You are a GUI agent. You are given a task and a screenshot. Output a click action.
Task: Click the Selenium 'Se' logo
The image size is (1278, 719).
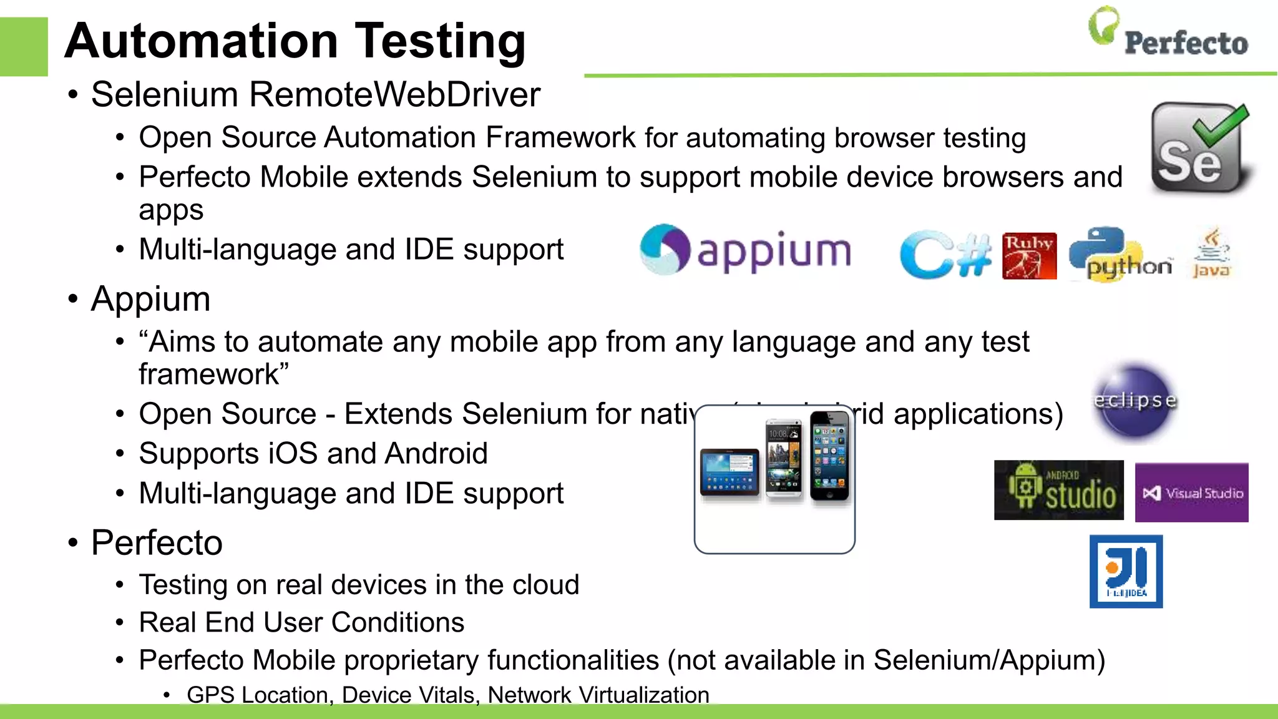tap(1200, 149)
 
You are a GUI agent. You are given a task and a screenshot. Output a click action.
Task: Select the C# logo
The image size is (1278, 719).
tap(945, 255)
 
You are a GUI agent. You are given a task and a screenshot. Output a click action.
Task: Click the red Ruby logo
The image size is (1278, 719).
tap(1029, 256)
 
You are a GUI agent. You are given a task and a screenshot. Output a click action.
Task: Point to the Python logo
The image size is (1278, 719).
tap(1120, 255)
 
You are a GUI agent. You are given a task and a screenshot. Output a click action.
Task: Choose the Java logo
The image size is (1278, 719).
tap(1211, 253)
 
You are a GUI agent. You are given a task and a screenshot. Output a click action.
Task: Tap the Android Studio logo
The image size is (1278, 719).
tap(1058, 490)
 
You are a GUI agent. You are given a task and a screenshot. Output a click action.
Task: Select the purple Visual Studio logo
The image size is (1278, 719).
tap(1191, 492)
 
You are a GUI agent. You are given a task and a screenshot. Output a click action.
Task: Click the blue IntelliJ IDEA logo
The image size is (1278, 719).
tap(1126, 571)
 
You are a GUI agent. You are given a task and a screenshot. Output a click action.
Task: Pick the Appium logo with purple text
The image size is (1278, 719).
tap(745, 250)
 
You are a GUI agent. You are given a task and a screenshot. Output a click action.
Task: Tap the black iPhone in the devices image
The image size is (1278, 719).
tap(830, 457)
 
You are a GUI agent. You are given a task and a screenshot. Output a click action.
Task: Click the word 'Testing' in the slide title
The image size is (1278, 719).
tap(441, 41)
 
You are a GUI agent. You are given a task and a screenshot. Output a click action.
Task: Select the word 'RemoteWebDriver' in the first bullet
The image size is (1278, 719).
tap(394, 95)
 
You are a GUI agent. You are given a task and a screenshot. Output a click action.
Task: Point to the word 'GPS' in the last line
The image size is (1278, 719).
tap(210, 695)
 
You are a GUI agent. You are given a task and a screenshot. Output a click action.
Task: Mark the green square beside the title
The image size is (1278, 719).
tap(24, 47)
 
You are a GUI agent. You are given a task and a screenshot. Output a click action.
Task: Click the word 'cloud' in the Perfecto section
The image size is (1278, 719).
tap(545, 585)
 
